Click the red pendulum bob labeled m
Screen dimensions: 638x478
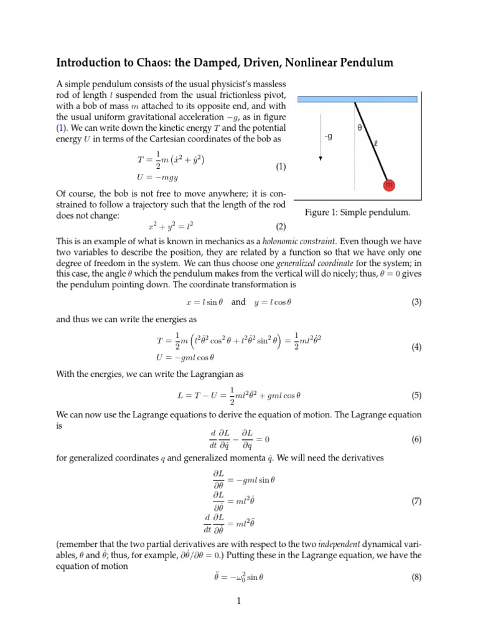(389, 184)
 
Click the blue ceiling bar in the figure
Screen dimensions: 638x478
(357, 98)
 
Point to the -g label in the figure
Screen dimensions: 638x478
(329, 136)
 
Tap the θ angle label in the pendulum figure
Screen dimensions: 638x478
(360, 128)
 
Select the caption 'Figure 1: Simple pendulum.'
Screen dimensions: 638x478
(357, 212)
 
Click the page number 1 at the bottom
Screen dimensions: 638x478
(239, 602)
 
